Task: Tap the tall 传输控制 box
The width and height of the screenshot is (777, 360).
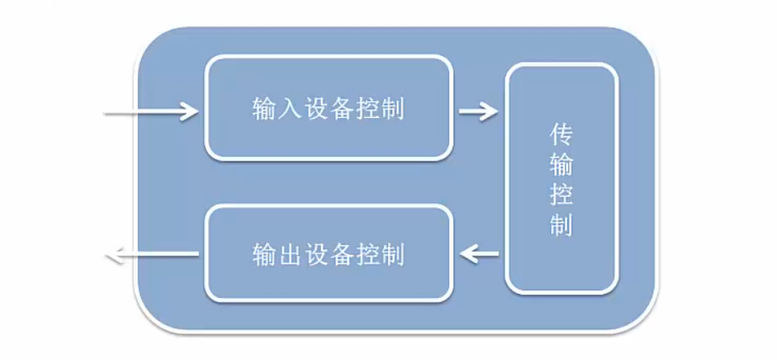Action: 560,178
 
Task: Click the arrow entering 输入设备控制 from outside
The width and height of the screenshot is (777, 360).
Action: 151,110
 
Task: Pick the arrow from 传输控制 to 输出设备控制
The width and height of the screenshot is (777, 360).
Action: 480,252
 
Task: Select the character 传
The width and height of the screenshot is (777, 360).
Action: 560,135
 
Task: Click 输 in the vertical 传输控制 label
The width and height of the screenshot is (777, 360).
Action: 560,165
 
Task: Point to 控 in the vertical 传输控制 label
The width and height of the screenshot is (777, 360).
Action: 560,196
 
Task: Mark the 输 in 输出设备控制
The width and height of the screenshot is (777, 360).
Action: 263,253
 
